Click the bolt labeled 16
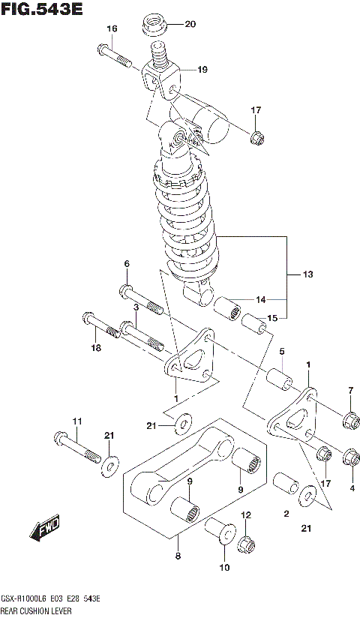113,54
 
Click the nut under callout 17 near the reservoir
255,138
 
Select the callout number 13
307,274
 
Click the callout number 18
94,347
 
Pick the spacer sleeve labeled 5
280,376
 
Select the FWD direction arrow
44,529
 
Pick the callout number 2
286,514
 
